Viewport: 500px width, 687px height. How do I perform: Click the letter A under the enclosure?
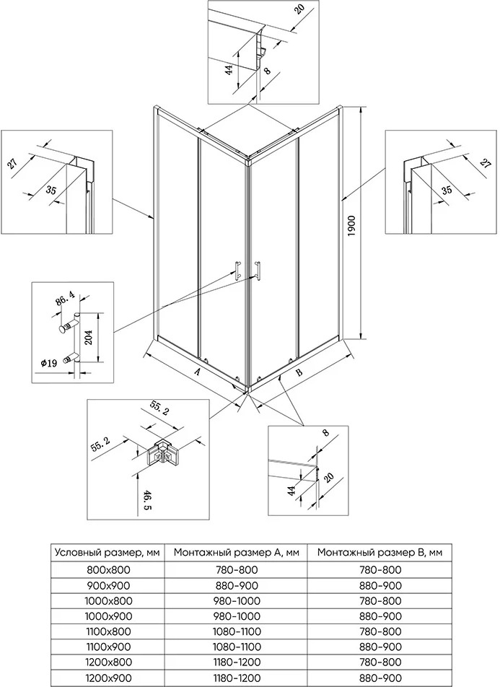click(197, 372)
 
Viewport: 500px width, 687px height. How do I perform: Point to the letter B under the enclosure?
click(299, 373)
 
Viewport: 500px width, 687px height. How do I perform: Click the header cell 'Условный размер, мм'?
click(108, 553)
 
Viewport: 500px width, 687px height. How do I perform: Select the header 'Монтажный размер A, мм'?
click(237, 553)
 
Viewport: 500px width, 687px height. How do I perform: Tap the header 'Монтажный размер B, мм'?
click(380, 553)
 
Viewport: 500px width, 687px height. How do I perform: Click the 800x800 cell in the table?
click(108, 569)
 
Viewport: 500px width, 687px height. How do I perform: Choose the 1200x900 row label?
click(108, 678)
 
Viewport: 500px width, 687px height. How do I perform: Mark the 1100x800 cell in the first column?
click(108, 631)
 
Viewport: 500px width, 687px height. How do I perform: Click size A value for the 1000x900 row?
click(237, 616)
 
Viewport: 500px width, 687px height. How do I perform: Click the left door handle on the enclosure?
click(235, 268)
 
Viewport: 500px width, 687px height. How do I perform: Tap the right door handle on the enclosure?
click(256, 268)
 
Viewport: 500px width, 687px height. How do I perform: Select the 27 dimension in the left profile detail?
click(14, 163)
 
